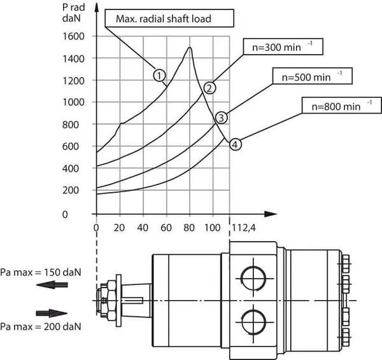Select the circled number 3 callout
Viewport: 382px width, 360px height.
[x=220, y=117]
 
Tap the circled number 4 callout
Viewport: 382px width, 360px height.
[x=235, y=144]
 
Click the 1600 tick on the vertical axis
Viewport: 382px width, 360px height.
[x=74, y=36]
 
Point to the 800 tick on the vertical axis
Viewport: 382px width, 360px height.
[x=76, y=124]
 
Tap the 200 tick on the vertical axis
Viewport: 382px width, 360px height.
[x=76, y=190]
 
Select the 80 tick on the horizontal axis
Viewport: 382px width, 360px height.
[x=188, y=228]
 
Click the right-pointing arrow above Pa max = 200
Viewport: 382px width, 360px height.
[x=52, y=313]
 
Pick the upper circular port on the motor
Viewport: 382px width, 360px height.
[x=250, y=275]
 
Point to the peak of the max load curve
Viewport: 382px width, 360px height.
[x=189, y=48]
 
